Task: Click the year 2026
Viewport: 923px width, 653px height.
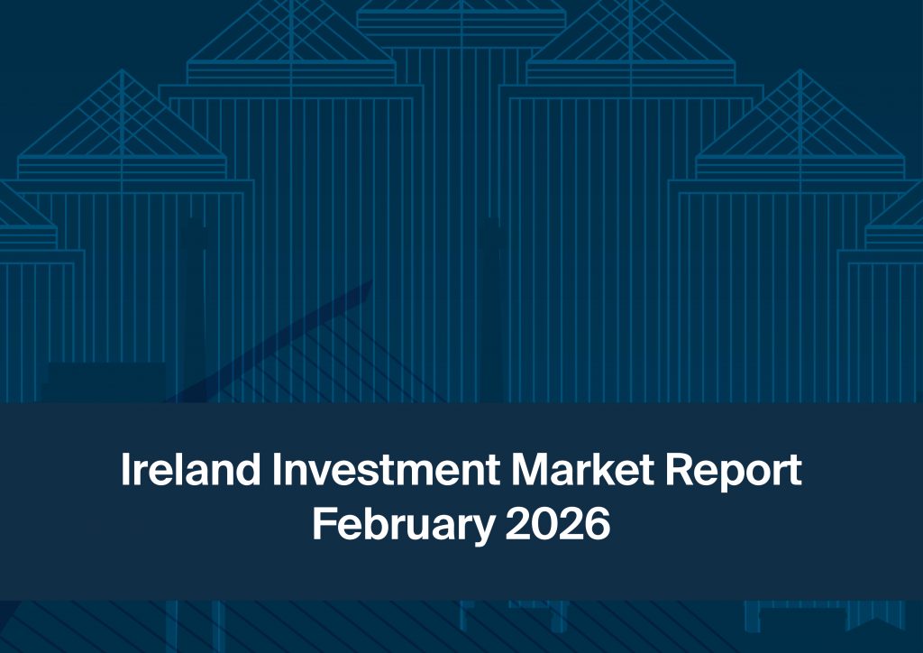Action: pos(557,524)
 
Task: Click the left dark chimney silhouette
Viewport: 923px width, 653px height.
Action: pos(192,307)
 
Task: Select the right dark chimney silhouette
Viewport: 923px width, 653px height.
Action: pos(492,307)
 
